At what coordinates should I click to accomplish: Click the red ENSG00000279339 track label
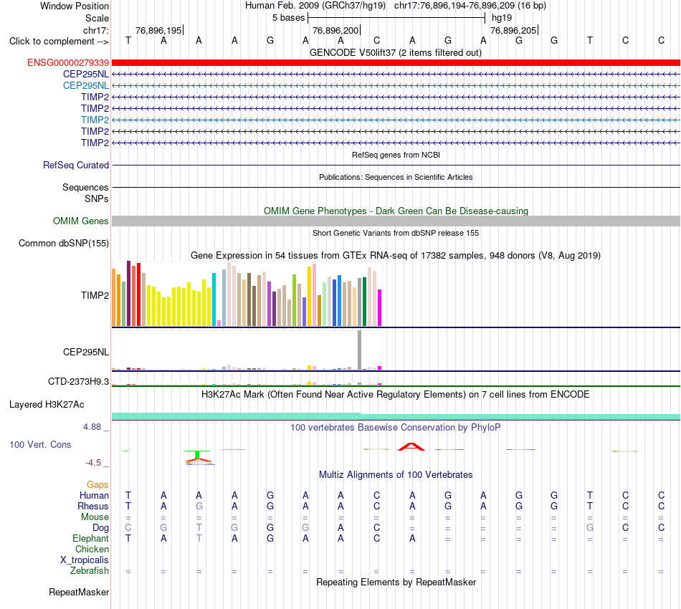pos(68,63)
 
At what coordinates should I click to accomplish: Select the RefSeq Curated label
pos(76,165)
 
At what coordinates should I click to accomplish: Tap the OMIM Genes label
pos(81,221)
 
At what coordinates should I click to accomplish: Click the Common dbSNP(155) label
pos(64,243)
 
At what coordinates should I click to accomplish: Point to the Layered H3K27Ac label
pos(47,405)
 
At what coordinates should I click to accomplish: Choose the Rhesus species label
pos(93,506)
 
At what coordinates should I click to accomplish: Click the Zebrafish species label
pos(90,570)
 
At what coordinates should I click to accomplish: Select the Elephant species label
pos(91,538)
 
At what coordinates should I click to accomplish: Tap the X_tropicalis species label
pos(85,560)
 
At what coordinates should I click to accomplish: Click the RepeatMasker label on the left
pos(79,592)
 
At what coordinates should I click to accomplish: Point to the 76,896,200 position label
pos(335,30)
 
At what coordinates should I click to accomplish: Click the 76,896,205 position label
pos(513,30)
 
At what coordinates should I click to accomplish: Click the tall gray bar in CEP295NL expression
pos(360,350)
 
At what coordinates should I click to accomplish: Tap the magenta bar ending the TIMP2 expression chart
pos(380,308)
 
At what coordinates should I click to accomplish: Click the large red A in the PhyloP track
pos(411,446)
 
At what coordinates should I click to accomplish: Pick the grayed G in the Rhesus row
pos(199,506)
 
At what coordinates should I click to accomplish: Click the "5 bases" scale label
pos(289,18)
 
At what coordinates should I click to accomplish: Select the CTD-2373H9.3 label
pos(79,382)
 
